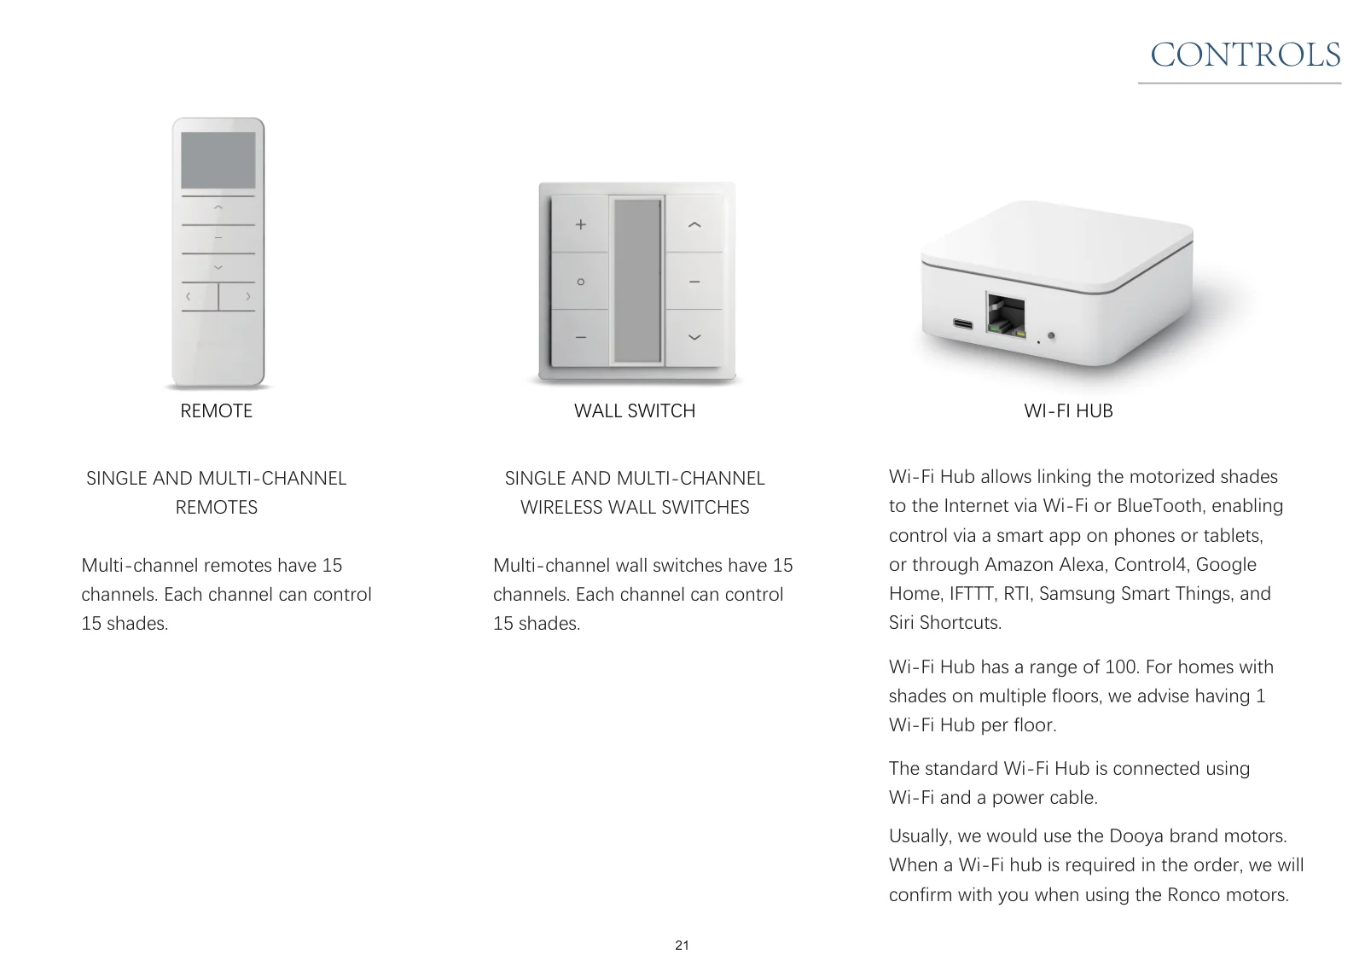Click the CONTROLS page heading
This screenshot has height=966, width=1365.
[1245, 55]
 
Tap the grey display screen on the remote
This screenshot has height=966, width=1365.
[218, 160]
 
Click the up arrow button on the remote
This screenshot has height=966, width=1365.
[218, 210]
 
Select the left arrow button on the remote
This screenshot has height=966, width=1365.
[200, 297]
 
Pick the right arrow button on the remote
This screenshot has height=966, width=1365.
[237, 297]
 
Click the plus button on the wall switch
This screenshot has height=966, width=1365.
[580, 224]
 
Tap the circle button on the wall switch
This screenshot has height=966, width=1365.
[580, 282]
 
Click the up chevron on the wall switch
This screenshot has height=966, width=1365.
[694, 224]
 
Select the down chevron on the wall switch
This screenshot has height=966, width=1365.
[694, 337]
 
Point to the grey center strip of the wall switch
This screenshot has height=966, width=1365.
[637, 281]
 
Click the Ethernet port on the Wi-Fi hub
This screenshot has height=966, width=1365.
[1006, 315]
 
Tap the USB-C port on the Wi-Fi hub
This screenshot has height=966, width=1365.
[963, 323]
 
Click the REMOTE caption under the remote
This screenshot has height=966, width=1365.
[217, 411]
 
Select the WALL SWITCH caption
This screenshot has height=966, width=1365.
[635, 411]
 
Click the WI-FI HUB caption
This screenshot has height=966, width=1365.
[1068, 411]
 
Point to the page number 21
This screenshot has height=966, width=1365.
[682, 946]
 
